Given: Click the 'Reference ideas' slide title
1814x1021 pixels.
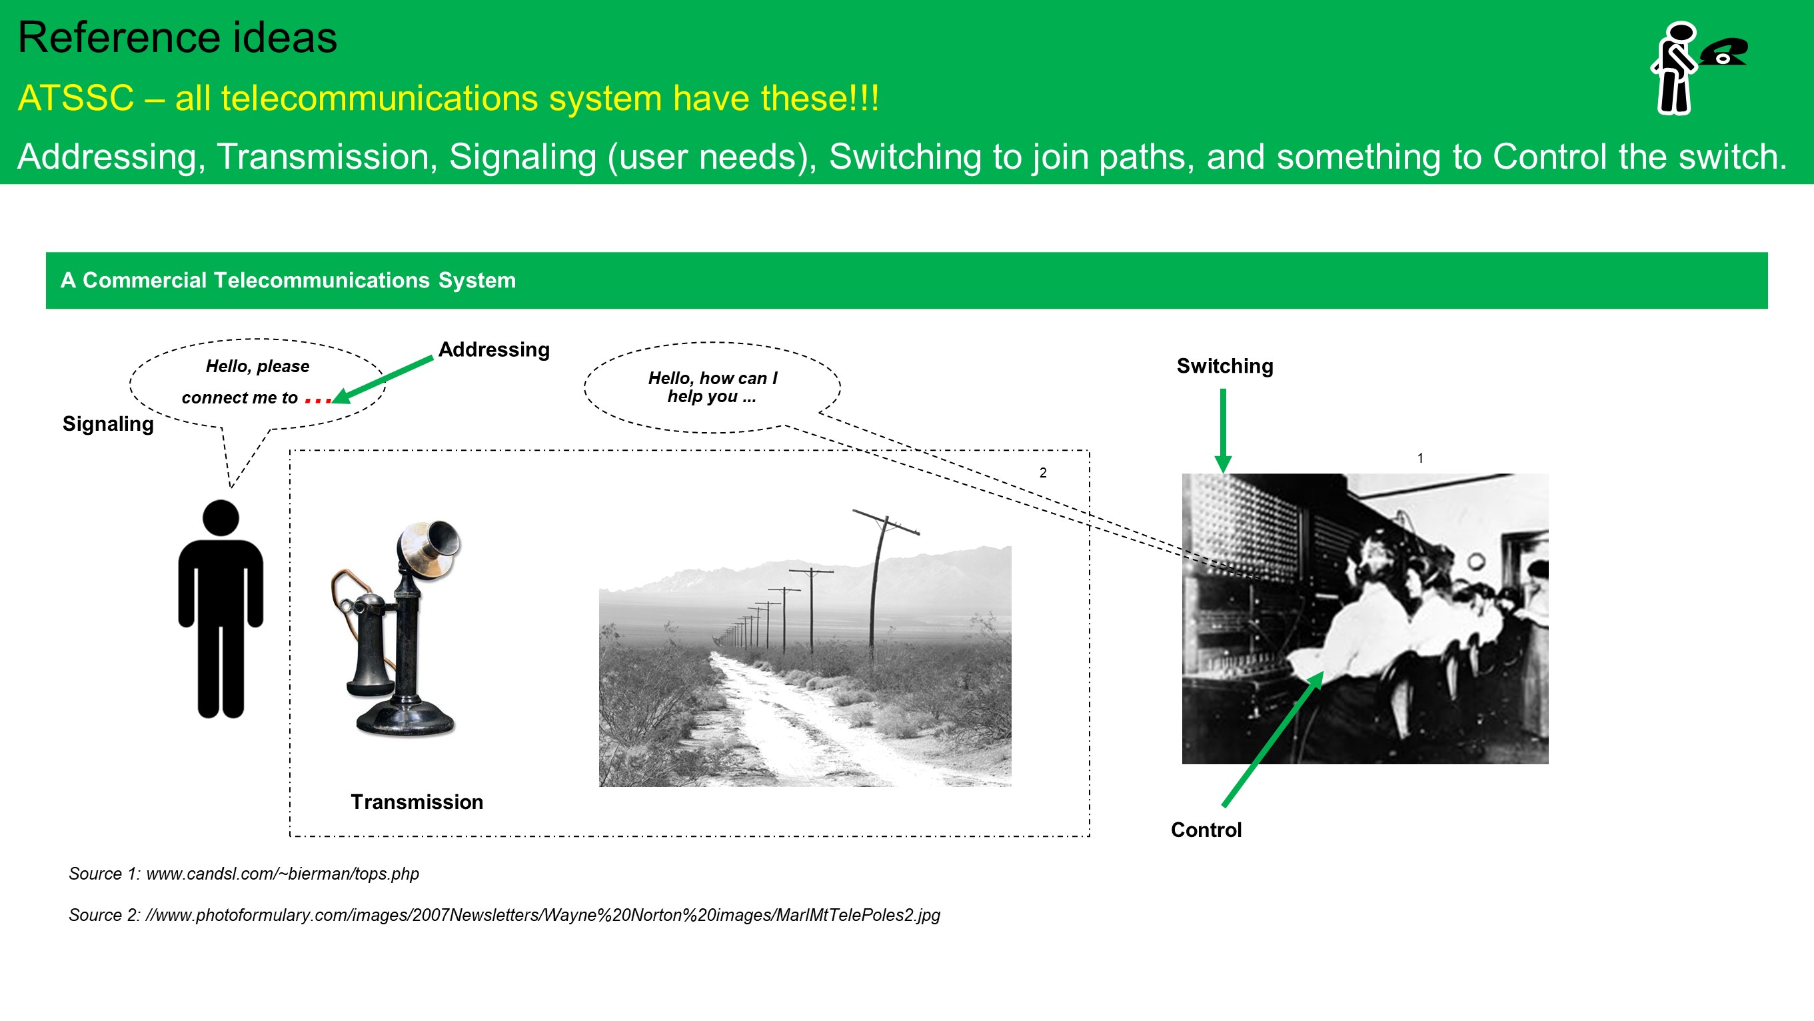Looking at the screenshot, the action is [x=177, y=37].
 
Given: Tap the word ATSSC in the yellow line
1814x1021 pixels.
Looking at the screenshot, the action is [x=76, y=98].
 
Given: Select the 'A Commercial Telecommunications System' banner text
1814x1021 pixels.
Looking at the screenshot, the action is [x=288, y=281].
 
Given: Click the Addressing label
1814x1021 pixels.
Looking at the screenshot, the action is [x=494, y=349].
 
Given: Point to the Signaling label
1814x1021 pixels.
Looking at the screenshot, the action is [x=108, y=424].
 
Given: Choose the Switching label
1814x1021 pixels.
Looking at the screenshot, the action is [x=1225, y=366].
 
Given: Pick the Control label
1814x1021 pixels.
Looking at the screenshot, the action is [x=1206, y=830].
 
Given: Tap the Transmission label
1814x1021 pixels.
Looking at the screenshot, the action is [x=417, y=802].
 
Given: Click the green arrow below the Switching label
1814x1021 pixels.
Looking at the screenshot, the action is [x=1223, y=431].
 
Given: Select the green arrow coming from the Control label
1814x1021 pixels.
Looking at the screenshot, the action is [x=1273, y=738].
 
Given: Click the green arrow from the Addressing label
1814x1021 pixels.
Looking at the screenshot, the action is [x=382, y=381].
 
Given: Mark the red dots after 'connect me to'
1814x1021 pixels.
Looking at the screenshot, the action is [x=319, y=401].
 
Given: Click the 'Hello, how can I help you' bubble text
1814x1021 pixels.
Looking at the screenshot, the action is [x=712, y=387].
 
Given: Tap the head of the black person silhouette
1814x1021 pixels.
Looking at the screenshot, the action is [x=221, y=518].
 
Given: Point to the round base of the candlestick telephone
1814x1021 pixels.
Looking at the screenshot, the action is [x=405, y=720].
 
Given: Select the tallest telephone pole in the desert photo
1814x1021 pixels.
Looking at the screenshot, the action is [x=878, y=585].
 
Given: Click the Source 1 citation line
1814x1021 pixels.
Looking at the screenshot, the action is [x=244, y=874].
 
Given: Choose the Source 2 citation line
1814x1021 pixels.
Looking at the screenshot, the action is [x=504, y=916].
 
